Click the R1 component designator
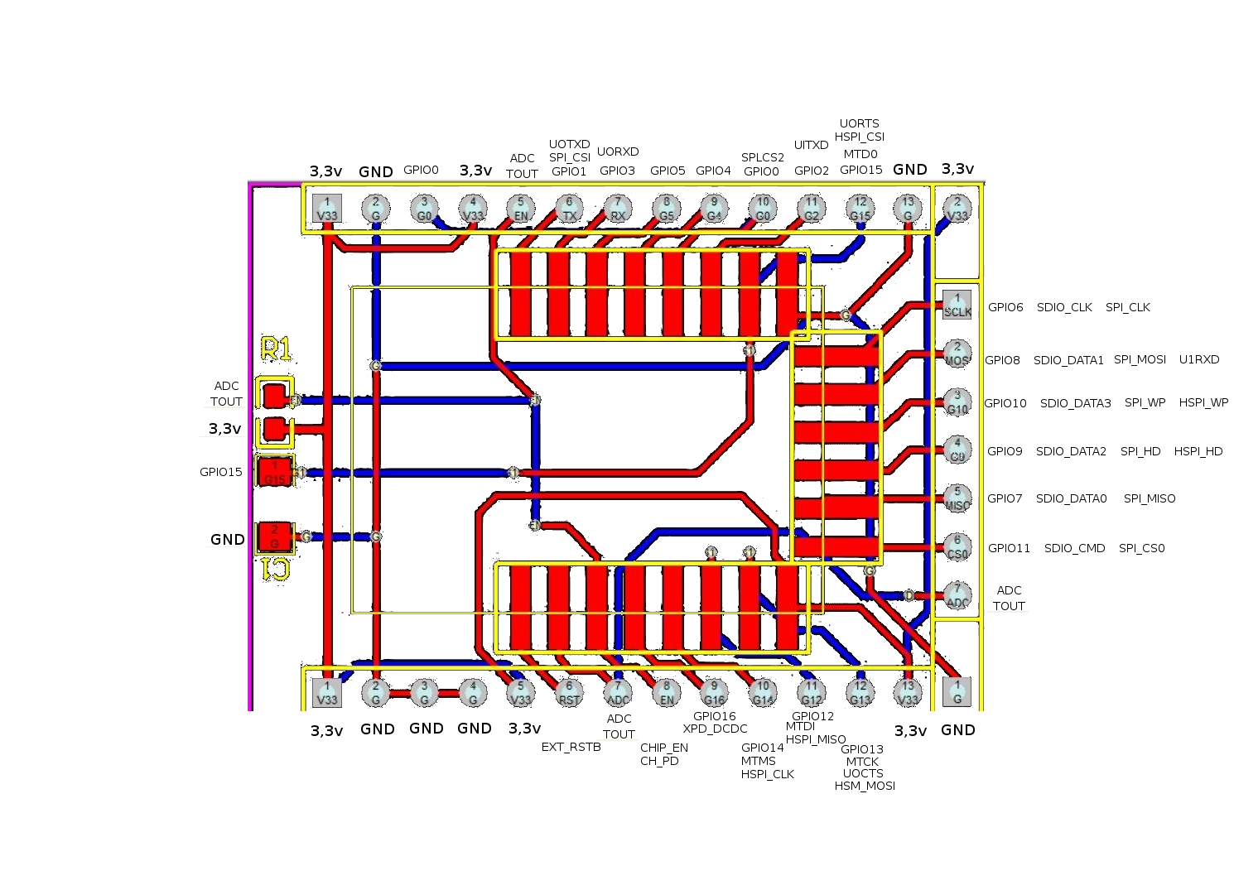(x=276, y=349)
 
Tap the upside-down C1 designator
(x=275, y=569)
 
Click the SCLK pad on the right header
(x=957, y=305)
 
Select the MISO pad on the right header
(x=957, y=498)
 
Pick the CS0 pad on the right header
(x=957, y=547)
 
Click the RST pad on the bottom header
(x=569, y=692)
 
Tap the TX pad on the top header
(x=569, y=209)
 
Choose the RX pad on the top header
(x=618, y=209)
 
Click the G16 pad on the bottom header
(x=714, y=692)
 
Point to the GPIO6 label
(x=1005, y=307)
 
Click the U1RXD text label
(x=1199, y=359)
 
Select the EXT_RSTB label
(x=571, y=747)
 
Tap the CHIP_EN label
(x=664, y=748)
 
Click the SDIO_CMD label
(x=1074, y=548)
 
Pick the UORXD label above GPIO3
(x=618, y=152)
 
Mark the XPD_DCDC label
(x=715, y=729)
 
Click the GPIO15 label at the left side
(x=221, y=472)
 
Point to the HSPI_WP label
(x=1203, y=402)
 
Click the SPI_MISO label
(x=1150, y=498)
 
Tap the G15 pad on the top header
(x=860, y=209)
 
